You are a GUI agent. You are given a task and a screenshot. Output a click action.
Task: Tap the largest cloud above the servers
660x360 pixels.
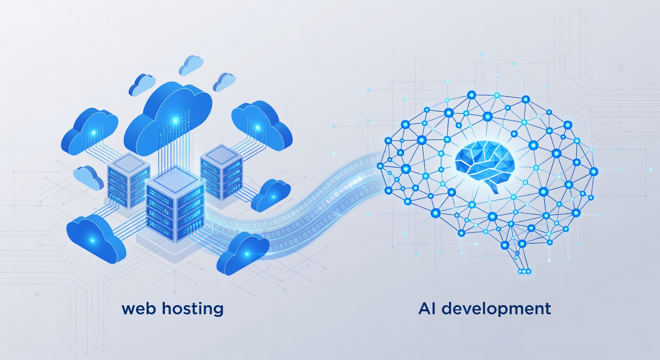pyautogui.click(x=168, y=120)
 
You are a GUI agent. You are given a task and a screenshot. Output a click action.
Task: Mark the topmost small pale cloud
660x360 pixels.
pyautogui.click(x=191, y=65)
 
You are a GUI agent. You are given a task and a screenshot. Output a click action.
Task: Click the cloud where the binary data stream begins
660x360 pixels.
pyautogui.click(x=243, y=253)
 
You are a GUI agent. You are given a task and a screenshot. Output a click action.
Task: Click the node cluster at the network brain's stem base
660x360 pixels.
pyautogui.click(x=524, y=271)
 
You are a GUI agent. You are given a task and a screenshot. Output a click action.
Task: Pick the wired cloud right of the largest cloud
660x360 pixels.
pyautogui.click(x=262, y=125)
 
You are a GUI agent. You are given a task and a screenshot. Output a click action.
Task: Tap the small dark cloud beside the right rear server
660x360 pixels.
pyautogui.click(x=270, y=195)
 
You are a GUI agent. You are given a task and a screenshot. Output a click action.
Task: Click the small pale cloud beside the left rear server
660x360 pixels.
pyautogui.click(x=89, y=178)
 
